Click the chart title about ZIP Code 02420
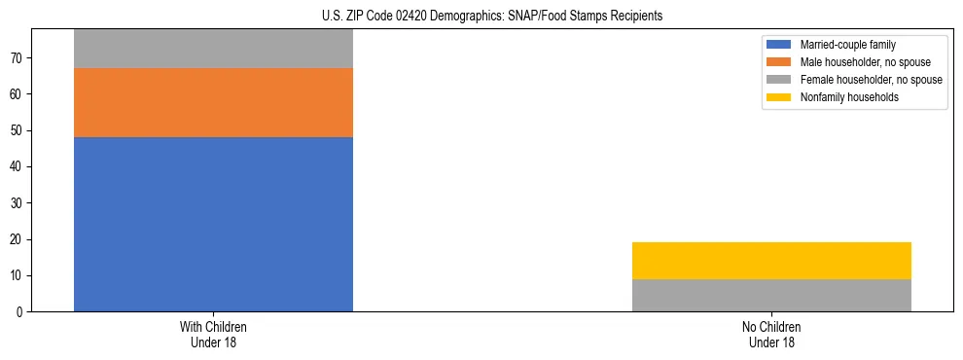(x=491, y=16)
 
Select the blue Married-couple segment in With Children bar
(x=213, y=224)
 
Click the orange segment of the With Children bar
(x=213, y=102)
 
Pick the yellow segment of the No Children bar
(x=771, y=260)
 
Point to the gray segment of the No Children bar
(x=771, y=295)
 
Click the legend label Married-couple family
(x=847, y=45)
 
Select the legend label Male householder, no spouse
(x=859, y=62)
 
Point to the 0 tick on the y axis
(x=21, y=312)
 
